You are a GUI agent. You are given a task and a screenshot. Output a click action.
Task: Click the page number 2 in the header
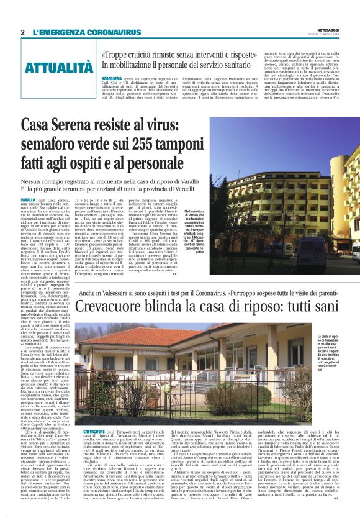23,32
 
